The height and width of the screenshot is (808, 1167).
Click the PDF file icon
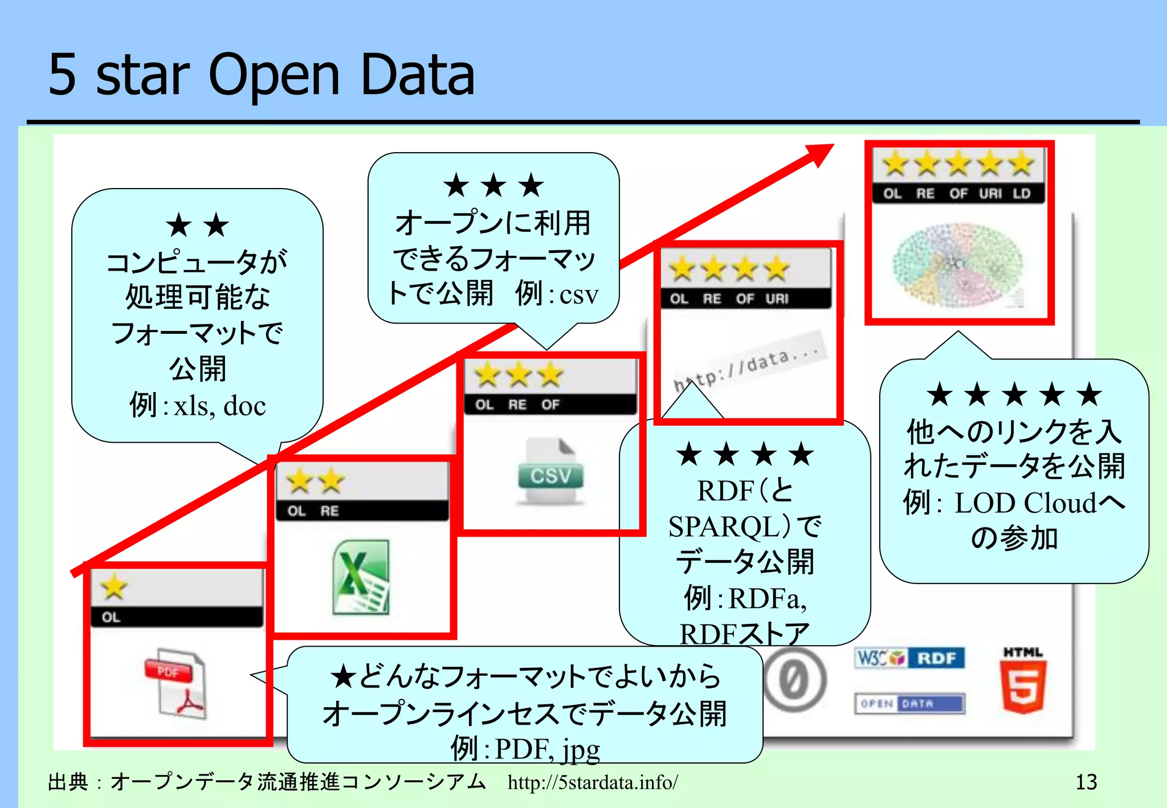(x=176, y=683)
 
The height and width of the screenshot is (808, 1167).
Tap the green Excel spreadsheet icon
(x=361, y=577)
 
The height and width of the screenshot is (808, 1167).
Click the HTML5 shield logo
(x=1023, y=681)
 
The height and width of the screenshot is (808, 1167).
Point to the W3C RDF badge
(x=909, y=658)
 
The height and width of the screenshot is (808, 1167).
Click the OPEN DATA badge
(x=909, y=703)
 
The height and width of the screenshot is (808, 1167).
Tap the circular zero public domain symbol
(x=794, y=680)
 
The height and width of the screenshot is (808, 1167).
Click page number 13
(x=1086, y=782)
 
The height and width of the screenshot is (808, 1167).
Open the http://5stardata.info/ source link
(x=593, y=782)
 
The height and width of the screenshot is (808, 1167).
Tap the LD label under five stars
(x=1021, y=194)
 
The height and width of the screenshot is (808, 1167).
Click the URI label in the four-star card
(x=777, y=299)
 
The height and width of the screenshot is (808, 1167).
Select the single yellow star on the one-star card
(x=114, y=586)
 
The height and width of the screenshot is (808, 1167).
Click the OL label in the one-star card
(x=111, y=617)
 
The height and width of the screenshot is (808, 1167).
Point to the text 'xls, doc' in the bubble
(x=219, y=406)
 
